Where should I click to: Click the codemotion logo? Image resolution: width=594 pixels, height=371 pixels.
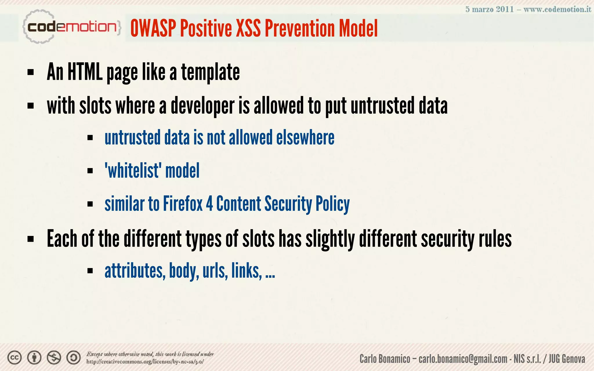(71, 27)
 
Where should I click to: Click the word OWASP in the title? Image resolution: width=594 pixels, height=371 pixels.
(153, 28)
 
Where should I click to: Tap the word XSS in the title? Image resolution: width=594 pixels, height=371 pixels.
(248, 28)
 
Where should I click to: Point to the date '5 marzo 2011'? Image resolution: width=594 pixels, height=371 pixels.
(490, 9)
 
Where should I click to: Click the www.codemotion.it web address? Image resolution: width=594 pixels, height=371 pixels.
(557, 9)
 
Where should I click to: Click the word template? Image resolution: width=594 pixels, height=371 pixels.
(211, 72)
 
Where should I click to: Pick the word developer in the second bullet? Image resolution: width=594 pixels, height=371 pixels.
(202, 106)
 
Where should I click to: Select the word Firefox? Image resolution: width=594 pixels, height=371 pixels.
(183, 203)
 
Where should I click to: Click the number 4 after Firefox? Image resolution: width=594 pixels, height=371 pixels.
(209, 203)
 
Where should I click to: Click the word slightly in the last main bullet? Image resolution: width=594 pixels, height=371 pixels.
(330, 239)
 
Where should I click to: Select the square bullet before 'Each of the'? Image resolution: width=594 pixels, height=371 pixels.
(31, 239)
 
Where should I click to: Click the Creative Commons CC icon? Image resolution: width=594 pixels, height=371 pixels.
(15, 358)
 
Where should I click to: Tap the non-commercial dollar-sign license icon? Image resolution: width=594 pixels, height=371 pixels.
(54, 358)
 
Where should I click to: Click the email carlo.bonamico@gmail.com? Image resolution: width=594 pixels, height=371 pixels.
(463, 359)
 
